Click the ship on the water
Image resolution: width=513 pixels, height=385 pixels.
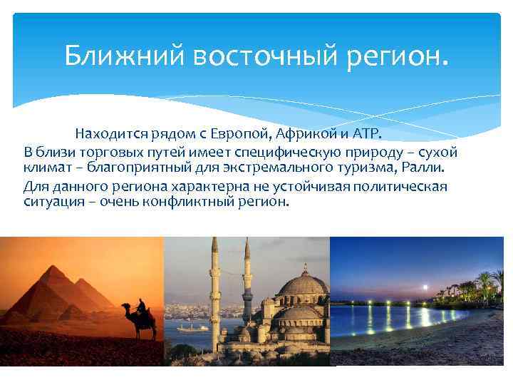point(191,328)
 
